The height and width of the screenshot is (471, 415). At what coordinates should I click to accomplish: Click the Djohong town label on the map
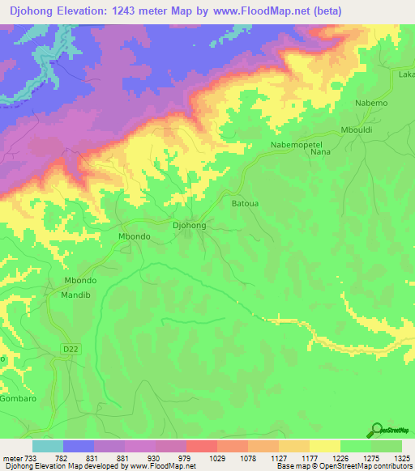tap(190, 227)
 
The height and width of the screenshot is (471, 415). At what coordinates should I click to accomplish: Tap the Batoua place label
tap(246, 204)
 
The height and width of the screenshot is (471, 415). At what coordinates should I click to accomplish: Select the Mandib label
tap(78, 296)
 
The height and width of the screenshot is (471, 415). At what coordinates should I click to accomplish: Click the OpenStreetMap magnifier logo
tap(378, 430)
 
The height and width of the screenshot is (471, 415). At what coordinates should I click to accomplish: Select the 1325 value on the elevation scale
tap(402, 458)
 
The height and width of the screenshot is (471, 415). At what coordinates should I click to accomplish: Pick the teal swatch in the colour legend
tap(47, 446)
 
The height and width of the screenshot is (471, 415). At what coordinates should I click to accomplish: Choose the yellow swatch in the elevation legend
tap(325, 446)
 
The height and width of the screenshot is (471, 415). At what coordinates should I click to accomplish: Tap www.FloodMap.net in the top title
tap(267, 11)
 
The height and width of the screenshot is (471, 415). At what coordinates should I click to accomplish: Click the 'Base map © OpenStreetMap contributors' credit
tap(344, 466)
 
